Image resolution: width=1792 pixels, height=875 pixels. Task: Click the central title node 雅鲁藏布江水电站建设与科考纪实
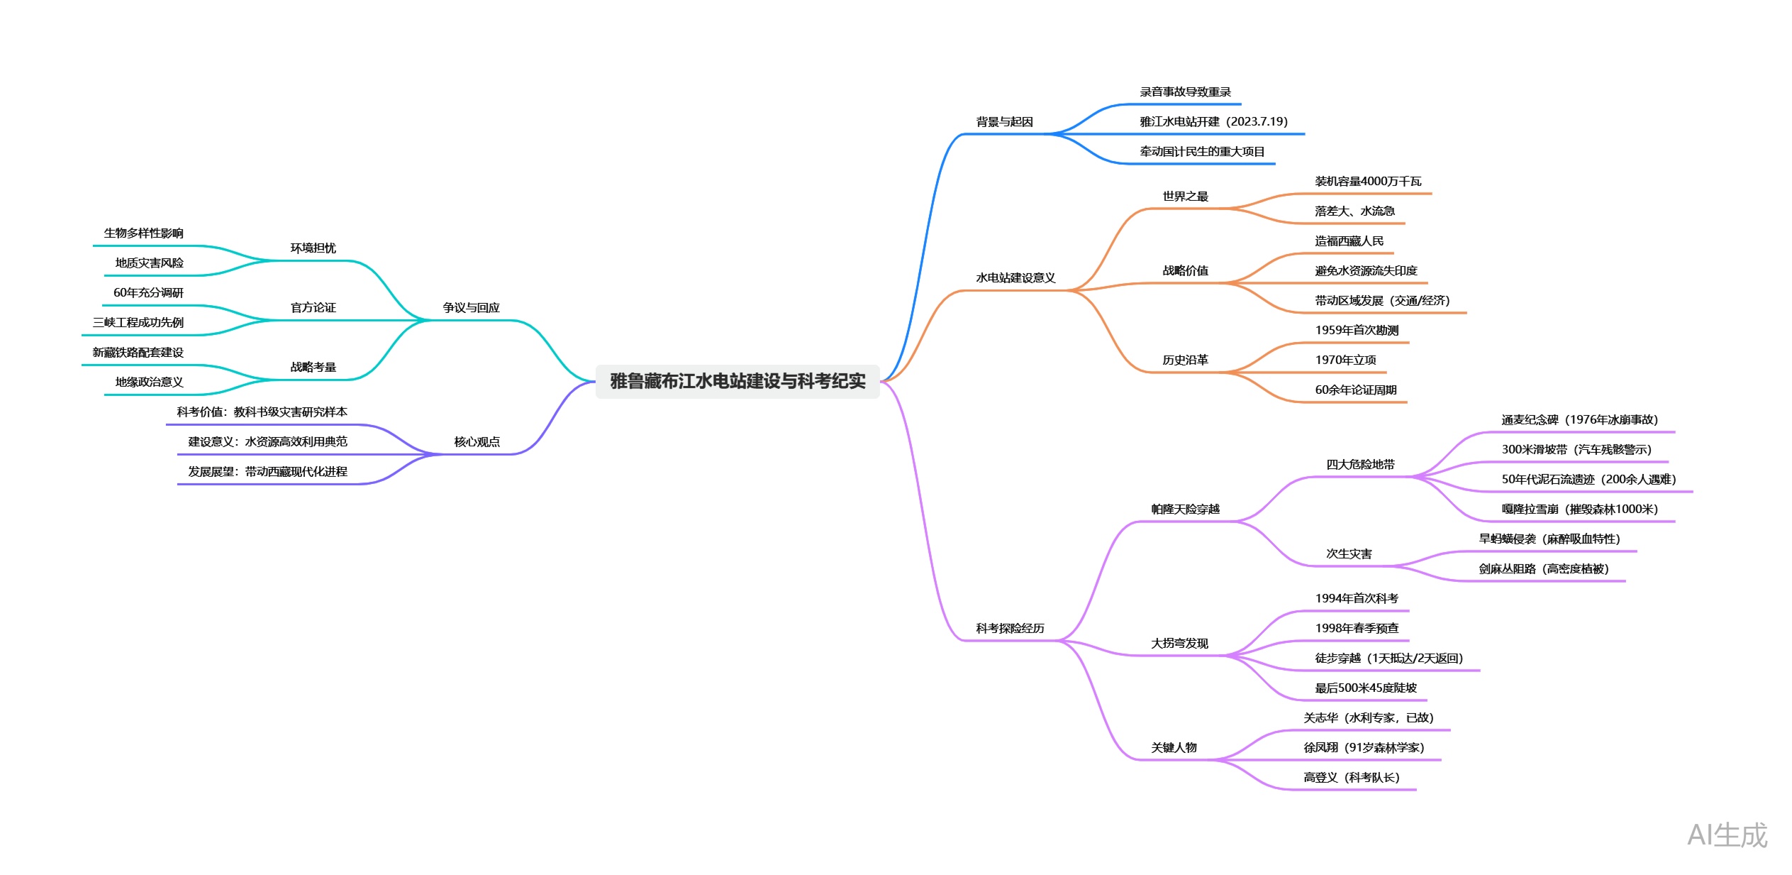(737, 381)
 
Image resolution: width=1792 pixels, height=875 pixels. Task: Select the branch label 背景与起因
(1004, 122)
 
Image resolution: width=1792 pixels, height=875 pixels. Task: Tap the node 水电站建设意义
(1015, 278)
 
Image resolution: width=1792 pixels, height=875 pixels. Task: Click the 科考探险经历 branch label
(1010, 629)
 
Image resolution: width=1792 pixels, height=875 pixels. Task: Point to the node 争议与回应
(471, 308)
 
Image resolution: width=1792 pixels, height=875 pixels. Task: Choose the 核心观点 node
(477, 442)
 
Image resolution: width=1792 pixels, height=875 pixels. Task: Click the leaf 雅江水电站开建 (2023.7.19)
(1213, 122)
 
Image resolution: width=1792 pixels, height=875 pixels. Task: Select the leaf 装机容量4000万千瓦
(1368, 182)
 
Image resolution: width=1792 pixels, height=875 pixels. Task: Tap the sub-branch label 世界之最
(1185, 197)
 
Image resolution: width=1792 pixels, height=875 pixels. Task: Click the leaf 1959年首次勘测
(1357, 331)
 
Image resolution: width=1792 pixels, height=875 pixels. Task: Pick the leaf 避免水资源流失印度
(1366, 271)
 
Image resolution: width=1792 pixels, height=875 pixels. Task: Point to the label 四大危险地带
(1360, 465)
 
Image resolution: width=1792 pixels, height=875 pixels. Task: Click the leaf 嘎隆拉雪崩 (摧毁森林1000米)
(1579, 510)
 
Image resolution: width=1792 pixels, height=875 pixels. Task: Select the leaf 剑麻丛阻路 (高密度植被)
(1543, 569)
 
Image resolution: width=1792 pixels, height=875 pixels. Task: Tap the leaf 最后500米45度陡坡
(1366, 688)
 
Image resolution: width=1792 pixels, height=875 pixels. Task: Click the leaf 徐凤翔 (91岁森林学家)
(1363, 748)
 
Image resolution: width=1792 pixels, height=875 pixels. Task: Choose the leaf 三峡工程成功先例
(138, 323)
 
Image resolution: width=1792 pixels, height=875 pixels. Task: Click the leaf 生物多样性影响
(143, 233)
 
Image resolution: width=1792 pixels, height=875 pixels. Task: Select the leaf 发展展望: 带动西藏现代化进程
(267, 472)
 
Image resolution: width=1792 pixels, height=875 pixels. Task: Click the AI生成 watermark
(1727, 835)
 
